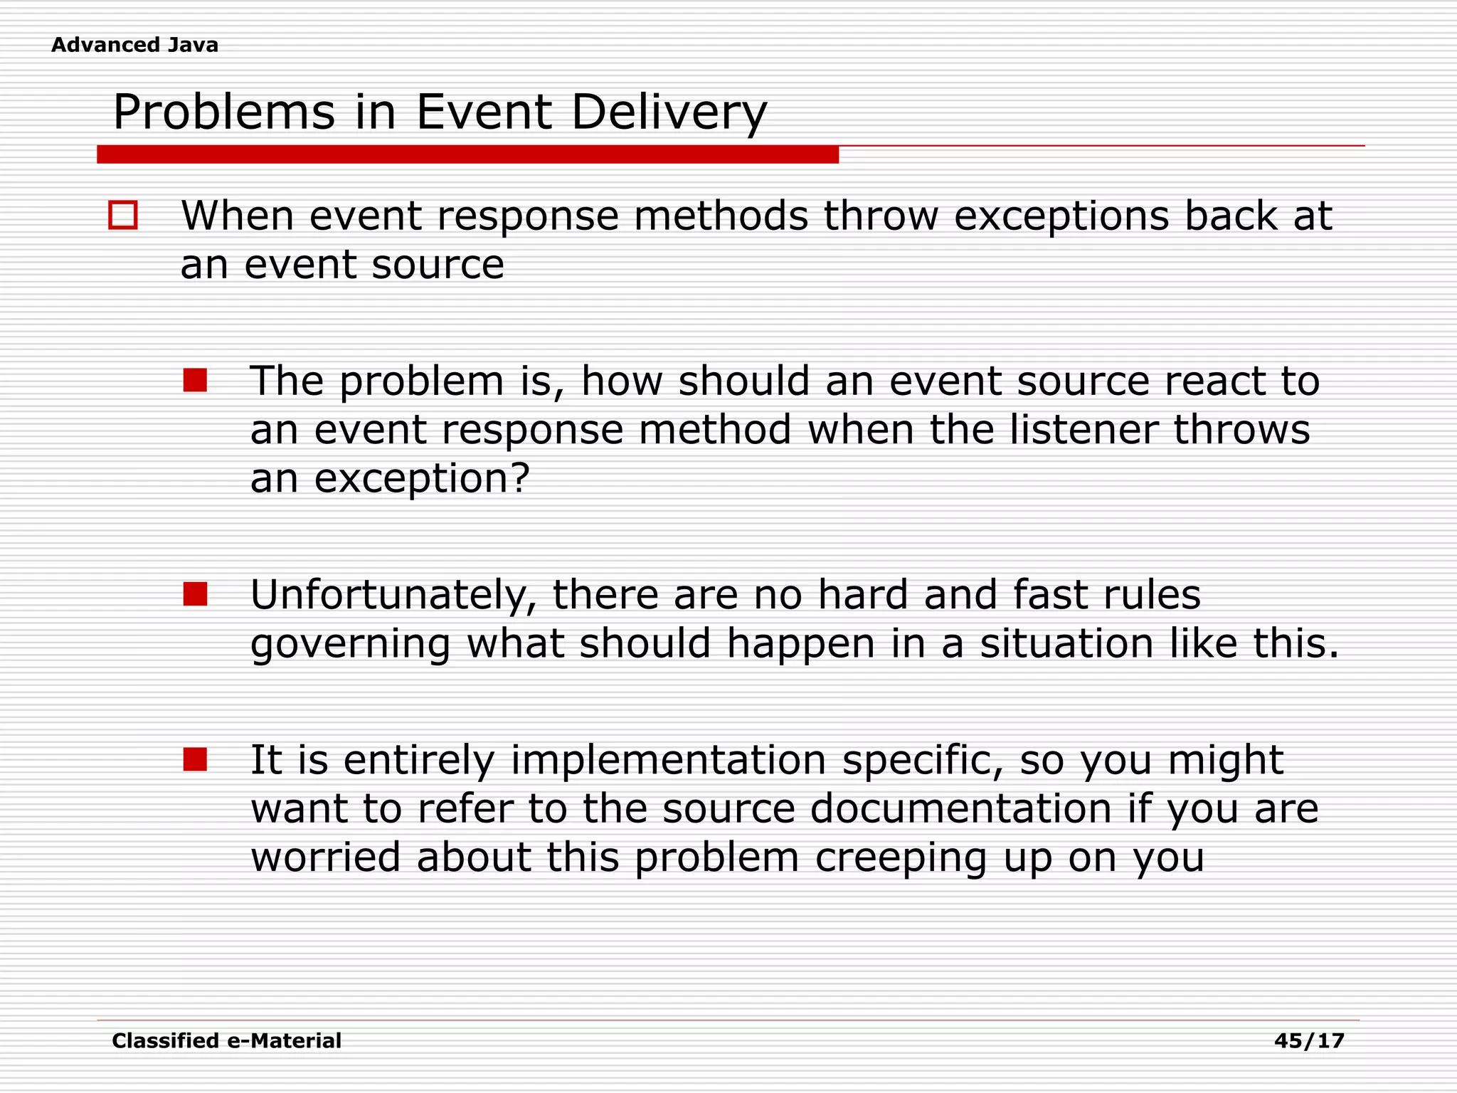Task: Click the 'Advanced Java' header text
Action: tap(134, 45)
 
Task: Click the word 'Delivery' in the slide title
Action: tap(669, 112)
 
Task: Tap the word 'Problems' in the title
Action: tap(223, 112)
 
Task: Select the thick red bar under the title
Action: tap(467, 154)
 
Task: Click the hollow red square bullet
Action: tap(123, 215)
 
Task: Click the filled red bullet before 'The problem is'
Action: tap(195, 380)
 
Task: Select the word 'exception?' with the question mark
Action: tap(422, 479)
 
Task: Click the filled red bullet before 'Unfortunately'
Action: tap(195, 593)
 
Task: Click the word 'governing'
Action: tap(351, 644)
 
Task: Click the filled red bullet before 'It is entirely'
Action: tap(195, 759)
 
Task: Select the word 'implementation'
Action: tap(668, 761)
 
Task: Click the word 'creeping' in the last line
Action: tap(901, 859)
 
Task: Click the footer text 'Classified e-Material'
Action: tap(226, 1041)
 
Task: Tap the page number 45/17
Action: tap(1309, 1041)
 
